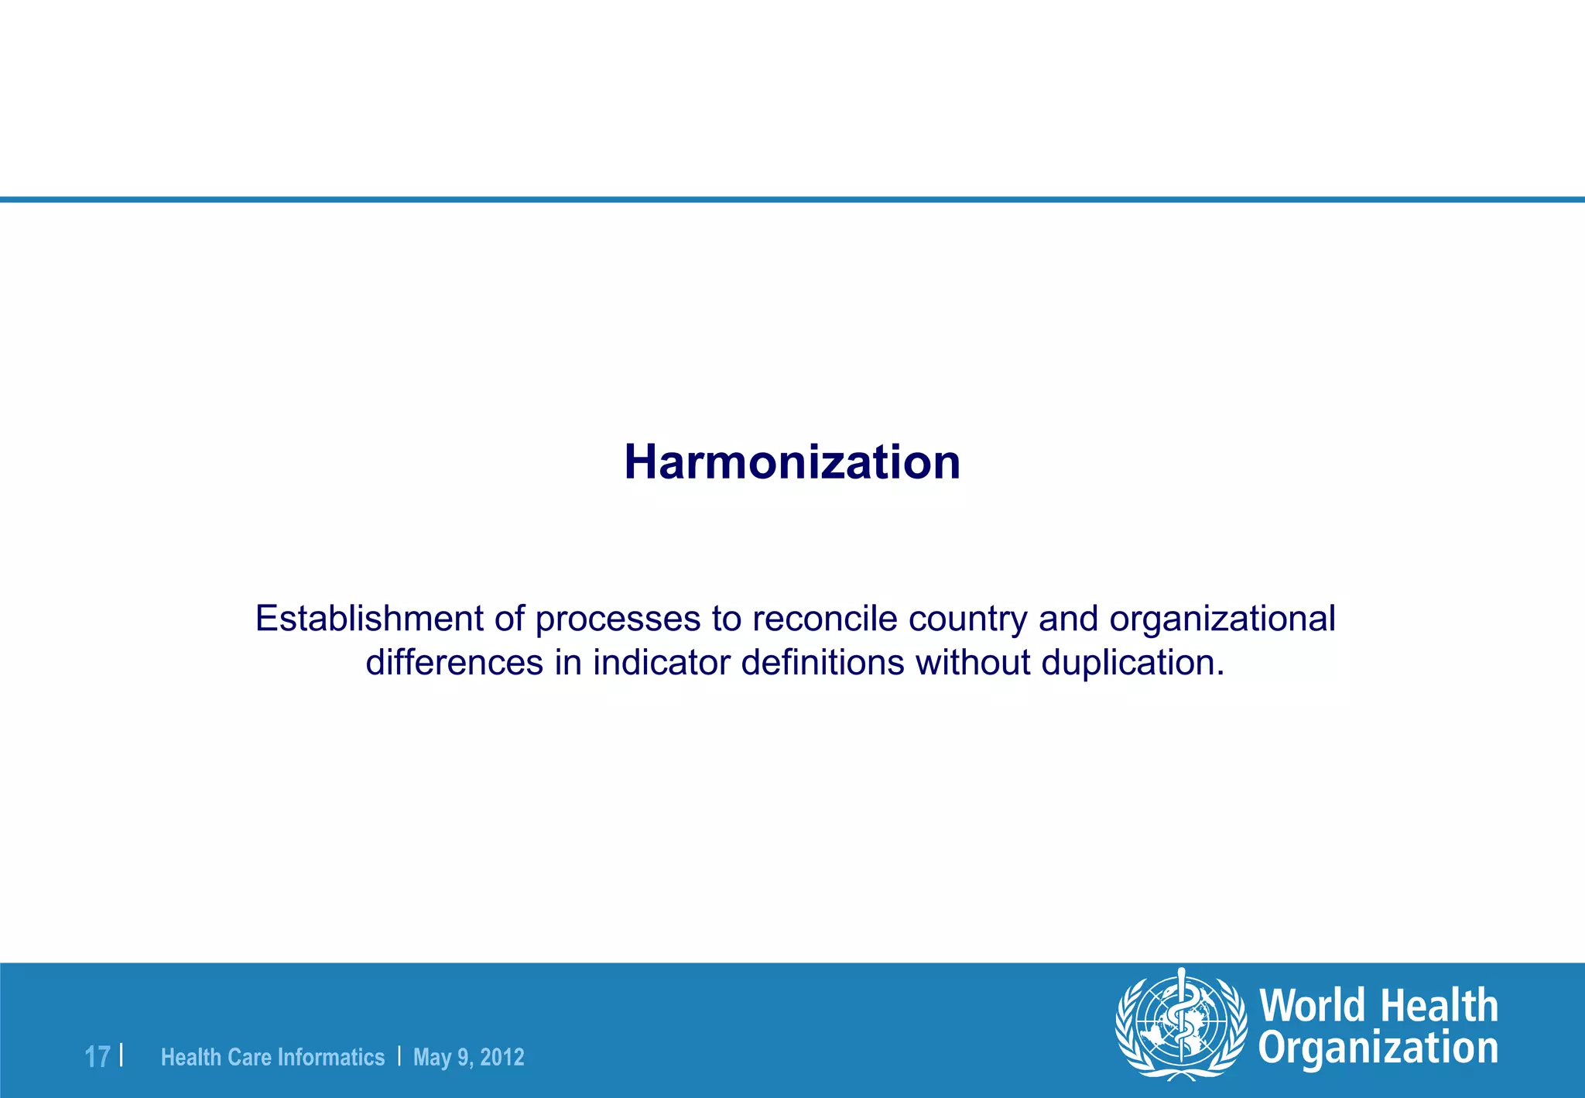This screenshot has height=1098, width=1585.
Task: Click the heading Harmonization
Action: click(x=792, y=462)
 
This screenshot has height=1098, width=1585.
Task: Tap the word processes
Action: click(x=618, y=619)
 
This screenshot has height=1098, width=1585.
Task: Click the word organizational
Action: click(x=1222, y=619)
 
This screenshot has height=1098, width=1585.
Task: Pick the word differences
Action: click(x=454, y=663)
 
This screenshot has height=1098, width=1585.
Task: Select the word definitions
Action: click(x=823, y=663)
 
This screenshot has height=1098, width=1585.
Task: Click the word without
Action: click(x=973, y=663)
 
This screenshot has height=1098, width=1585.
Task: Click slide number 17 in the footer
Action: click(x=97, y=1057)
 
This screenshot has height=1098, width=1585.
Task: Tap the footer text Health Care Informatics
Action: click(x=272, y=1057)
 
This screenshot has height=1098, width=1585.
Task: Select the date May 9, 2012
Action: click(x=469, y=1057)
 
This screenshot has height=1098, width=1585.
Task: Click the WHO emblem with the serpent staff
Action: click(x=1180, y=1024)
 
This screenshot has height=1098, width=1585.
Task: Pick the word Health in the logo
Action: click(x=1439, y=1006)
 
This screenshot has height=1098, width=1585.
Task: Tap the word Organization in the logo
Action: click(x=1378, y=1048)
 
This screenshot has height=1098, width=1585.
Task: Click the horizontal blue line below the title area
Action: click(x=792, y=200)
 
